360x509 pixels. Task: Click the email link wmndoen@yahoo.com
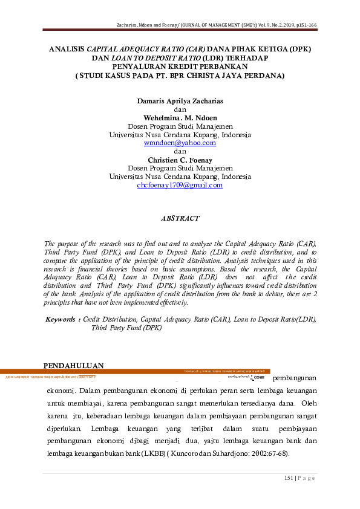(x=180, y=143)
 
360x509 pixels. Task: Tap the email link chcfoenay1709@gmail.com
(x=180, y=186)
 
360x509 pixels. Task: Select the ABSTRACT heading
(x=180, y=218)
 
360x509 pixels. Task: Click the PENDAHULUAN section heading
(x=74, y=365)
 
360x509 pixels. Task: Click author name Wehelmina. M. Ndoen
(x=180, y=118)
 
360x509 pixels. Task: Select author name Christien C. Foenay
(x=180, y=160)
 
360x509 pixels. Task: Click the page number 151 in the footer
(x=289, y=479)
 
